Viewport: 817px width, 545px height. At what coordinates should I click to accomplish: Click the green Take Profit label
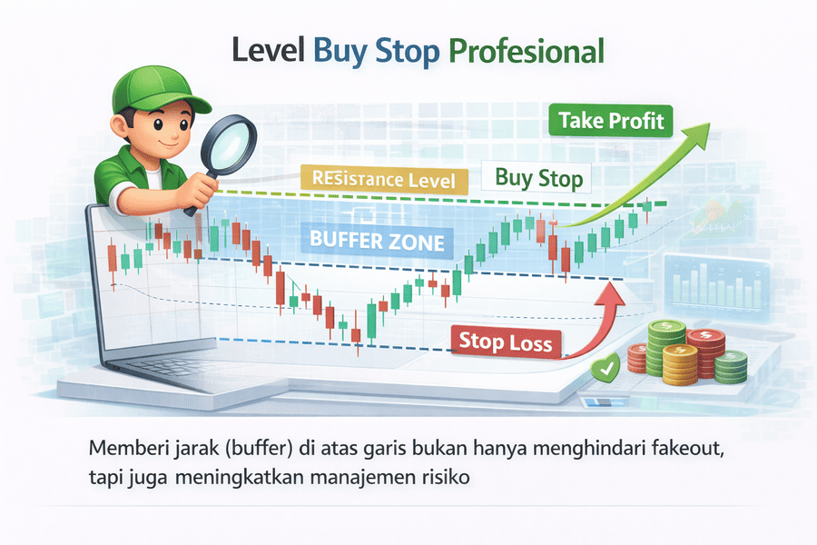[x=611, y=120]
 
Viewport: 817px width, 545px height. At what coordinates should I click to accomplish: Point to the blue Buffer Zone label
[x=377, y=242]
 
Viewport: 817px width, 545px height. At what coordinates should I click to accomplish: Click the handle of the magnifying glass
[x=193, y=194]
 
